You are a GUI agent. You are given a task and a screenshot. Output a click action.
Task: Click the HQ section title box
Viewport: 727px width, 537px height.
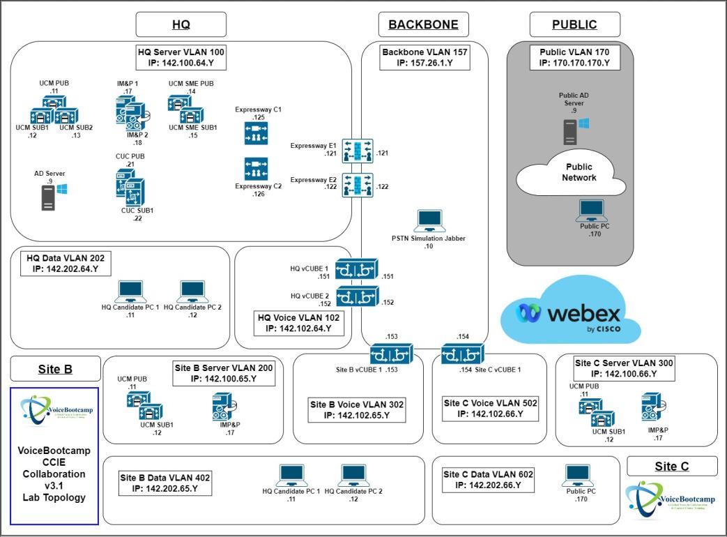pos(181,24)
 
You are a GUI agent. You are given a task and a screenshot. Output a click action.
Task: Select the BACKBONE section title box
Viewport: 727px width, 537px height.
pos(423,24)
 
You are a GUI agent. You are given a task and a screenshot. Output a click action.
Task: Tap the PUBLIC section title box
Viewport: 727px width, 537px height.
pos(574,24)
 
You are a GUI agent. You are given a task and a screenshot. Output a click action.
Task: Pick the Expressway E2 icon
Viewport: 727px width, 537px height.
pos(358,185)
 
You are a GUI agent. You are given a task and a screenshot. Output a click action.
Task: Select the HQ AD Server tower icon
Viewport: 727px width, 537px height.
pos(49,197)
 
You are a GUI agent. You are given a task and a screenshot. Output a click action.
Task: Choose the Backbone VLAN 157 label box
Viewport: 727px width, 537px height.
pos(424,57)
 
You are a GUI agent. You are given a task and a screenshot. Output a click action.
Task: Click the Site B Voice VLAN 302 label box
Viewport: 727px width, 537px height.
pos(356,409)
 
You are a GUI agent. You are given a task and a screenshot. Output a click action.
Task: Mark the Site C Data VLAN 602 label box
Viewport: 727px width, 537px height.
pos(488,479)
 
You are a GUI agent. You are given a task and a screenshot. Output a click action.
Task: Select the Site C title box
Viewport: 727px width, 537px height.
pos(671,466)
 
